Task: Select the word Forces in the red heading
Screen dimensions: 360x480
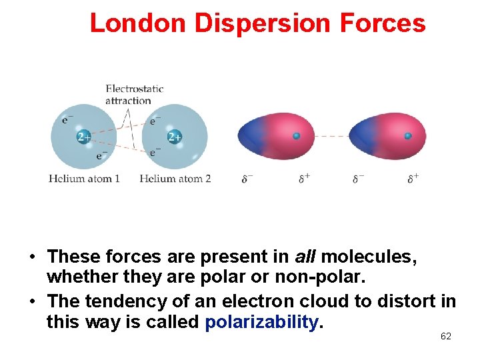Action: (382, 23)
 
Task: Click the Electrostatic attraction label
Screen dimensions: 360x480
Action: (134, 94)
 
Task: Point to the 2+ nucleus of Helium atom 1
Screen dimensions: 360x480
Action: (84, 137)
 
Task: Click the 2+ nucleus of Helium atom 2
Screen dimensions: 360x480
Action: (175, 137)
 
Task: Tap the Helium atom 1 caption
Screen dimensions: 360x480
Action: (85, 178)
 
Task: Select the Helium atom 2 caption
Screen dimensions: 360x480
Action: (175, 178)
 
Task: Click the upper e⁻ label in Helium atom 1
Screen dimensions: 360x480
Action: (67, 120)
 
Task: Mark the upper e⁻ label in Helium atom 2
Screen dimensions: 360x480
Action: (155, 121)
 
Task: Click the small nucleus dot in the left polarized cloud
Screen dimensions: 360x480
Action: (297, 136)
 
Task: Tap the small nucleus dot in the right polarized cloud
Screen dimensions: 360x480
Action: (408, 136)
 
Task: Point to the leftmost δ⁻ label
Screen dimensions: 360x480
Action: (247, 178)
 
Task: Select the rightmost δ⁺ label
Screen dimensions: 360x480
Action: (413, 178)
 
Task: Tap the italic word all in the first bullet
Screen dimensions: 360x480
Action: (306, 256)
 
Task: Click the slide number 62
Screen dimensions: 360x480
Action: (446, 337)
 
